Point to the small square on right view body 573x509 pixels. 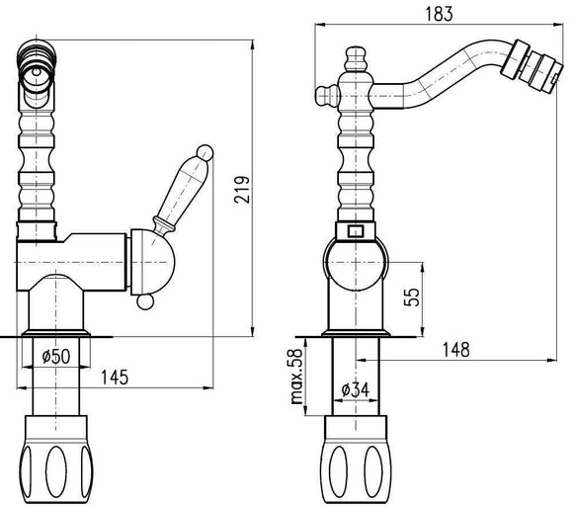[x=357, y=233]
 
